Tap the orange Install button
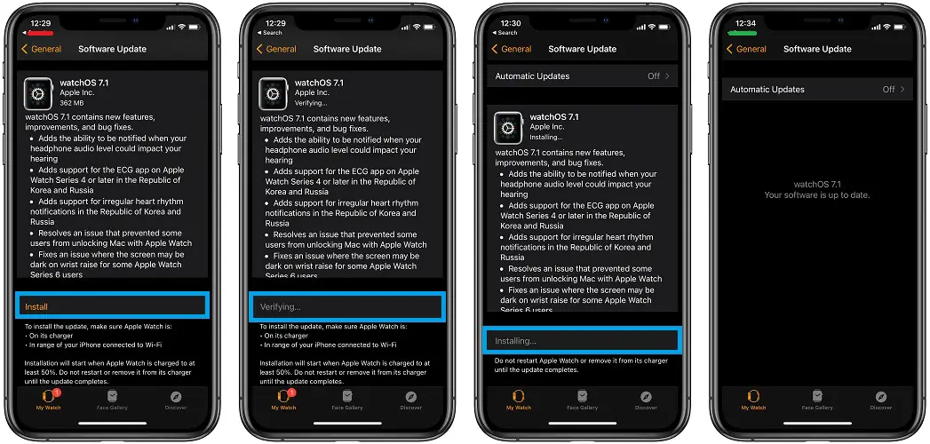click(36, 306)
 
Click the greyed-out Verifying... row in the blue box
click(281, 306)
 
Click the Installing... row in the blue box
click(515, 341)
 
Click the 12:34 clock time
click(745, 24)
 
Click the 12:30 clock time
click(511, 24)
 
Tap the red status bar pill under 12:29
click(41, 32)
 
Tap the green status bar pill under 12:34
click(745, 32)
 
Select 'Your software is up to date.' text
click(816, 195)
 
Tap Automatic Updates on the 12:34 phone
click(767, 90)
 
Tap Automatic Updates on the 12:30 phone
click(532, 75)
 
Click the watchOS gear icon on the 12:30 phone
click(508, 128)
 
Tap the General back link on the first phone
click(42, 49)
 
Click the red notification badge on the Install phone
click(57, 392)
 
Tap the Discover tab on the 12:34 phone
click(881, 400)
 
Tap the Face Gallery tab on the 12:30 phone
click(582, 400)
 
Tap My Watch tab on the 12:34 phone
click(753, 400)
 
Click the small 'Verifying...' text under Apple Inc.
click(311, 103)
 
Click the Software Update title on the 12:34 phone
click(817, 49)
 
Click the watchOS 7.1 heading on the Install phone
click(84, 83)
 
